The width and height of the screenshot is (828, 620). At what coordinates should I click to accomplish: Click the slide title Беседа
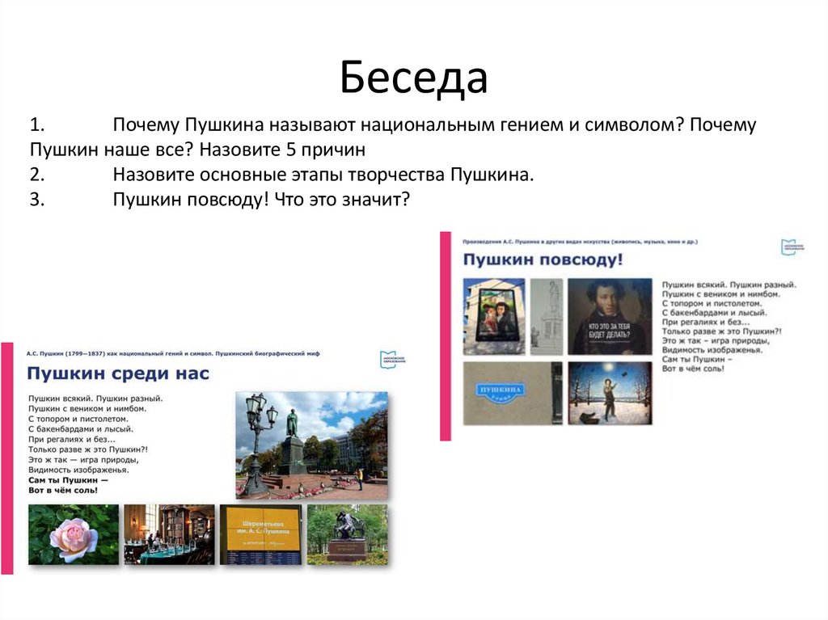pyautogui.click(x=413, y=78)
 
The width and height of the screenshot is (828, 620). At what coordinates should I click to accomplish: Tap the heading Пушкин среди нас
pyautogui.click(x=118, y=373)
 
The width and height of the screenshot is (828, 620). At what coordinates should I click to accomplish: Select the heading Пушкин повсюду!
pyautogui.click(x=543, y=259)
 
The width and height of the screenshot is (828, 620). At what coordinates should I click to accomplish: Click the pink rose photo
pyautogui.click(x=73, y=534)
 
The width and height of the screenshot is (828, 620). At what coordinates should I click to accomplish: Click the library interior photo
pyautogui.click(x=168, y=534)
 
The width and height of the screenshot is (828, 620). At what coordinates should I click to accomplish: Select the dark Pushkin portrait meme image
pyautogui.click(x=609, y=316)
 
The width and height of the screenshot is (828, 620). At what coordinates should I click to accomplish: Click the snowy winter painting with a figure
pyautogui.click(x=609, y=393)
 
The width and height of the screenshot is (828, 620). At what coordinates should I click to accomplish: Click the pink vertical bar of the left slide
pyautogui.click(x=7, y=458)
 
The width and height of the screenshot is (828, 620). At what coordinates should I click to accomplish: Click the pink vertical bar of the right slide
pyautogui.click(x=445, y=335)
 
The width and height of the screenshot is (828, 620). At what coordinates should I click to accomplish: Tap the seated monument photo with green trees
pyautogui.click(x=348, y=534)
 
